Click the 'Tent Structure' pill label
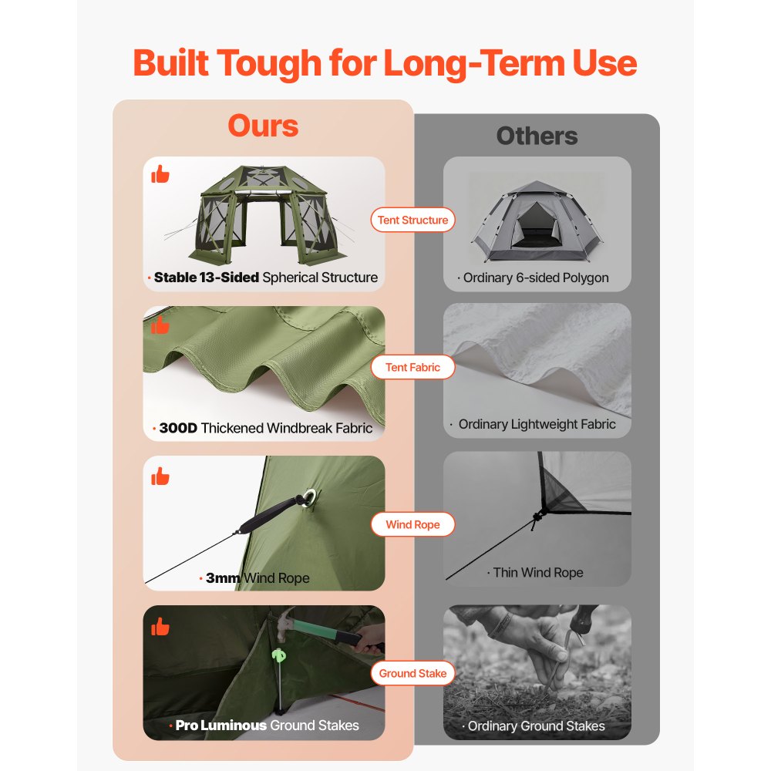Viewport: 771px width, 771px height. [x=412, y=220]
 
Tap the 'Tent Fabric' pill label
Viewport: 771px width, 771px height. [x=412, y=367]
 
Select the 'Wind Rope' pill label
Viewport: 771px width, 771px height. [x=412, y=524]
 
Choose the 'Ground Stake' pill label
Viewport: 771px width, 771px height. [x=412, y=673]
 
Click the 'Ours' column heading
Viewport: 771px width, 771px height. [x=263, y=126]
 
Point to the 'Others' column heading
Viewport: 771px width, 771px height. [x=537, y=136]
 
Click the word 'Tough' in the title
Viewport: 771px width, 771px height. [x=269, y=64]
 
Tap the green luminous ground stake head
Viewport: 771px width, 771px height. [x=279, y=655]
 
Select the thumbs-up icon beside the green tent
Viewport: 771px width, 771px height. [x=160, y=174]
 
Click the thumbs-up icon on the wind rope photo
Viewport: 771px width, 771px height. [x=160, y=476]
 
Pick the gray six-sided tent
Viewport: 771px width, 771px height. [x=537, y=221]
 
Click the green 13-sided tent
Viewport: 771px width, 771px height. [x=265, y=214]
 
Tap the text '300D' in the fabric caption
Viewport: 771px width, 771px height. [x=178, y=428]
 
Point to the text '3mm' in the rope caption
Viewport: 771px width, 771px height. [x=223, y=577]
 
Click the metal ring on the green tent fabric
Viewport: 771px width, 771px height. [x=309, y=497]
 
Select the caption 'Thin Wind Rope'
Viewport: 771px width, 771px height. [x=538, y=572]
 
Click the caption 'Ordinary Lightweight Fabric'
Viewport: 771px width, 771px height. [x=537, y=424]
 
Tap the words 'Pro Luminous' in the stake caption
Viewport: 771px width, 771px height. [x=221, y=726]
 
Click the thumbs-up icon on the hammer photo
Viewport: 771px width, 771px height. [x=160, y=626]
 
